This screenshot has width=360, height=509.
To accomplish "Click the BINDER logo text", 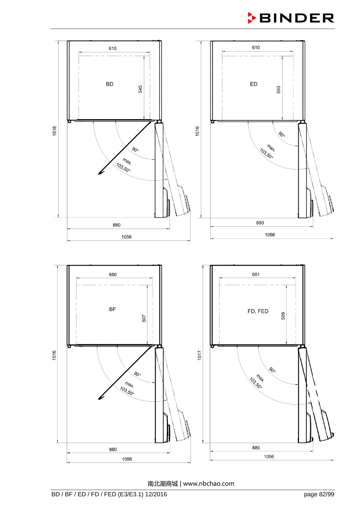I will pos(296,18).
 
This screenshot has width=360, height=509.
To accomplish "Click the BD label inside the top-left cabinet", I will pos(110,84).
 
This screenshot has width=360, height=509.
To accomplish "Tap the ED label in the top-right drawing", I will pos(253,84).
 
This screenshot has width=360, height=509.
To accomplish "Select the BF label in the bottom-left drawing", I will pos(112,309).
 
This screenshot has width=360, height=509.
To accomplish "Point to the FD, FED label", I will pos(258,311).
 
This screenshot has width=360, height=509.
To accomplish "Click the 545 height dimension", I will pos(140,89).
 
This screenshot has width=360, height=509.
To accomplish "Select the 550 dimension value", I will pos(278,90).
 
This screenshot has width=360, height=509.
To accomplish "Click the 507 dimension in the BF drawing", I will pos(144,318).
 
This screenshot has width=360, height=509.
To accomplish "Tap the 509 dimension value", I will pos(283,316).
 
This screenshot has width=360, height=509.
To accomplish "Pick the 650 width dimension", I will pos(113,275).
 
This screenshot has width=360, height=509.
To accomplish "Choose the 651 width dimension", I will pos(256,274).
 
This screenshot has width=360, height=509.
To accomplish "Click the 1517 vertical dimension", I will pos(200,355).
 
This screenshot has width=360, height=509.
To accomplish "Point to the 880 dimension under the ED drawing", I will pos(260,223).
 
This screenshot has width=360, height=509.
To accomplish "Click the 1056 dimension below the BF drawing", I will pos(127,459).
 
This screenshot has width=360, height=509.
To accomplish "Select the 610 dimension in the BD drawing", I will pos(112,49).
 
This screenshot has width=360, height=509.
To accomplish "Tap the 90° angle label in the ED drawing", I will pos(282,134).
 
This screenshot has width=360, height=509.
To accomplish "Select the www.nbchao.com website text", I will pos(208,484).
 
